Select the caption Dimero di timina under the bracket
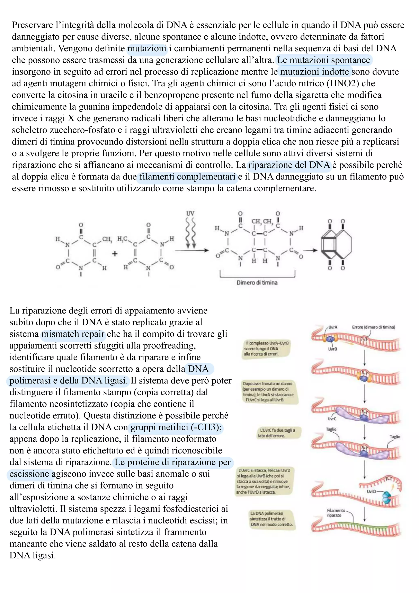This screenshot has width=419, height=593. coord(257,283)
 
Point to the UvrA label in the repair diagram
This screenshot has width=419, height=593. coord(333,327)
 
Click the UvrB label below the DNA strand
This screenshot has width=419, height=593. coord(332,349)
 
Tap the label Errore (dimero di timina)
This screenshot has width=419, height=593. coord(373,327)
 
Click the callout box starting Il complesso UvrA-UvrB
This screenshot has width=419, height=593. coord(266,348)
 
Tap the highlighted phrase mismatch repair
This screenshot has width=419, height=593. coord(73,334)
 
